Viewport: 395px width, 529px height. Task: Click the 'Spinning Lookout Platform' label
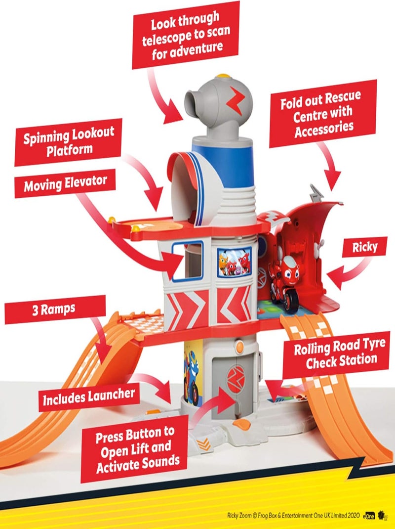click(68, 142)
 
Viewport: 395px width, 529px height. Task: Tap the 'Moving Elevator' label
click(65, 183)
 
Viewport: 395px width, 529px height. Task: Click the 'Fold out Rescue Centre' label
click(322, 114)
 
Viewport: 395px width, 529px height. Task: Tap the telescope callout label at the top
click(185, 35)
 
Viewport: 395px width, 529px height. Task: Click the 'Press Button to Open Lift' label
click(134, 448)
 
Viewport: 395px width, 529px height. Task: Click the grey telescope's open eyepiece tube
click(193, 103)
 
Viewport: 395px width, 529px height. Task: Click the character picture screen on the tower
click(234, 262)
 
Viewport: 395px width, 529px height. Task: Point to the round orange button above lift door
click(239, 347)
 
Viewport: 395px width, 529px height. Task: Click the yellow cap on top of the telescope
click(222, 76)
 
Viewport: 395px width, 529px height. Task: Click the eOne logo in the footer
click(369, 516)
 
